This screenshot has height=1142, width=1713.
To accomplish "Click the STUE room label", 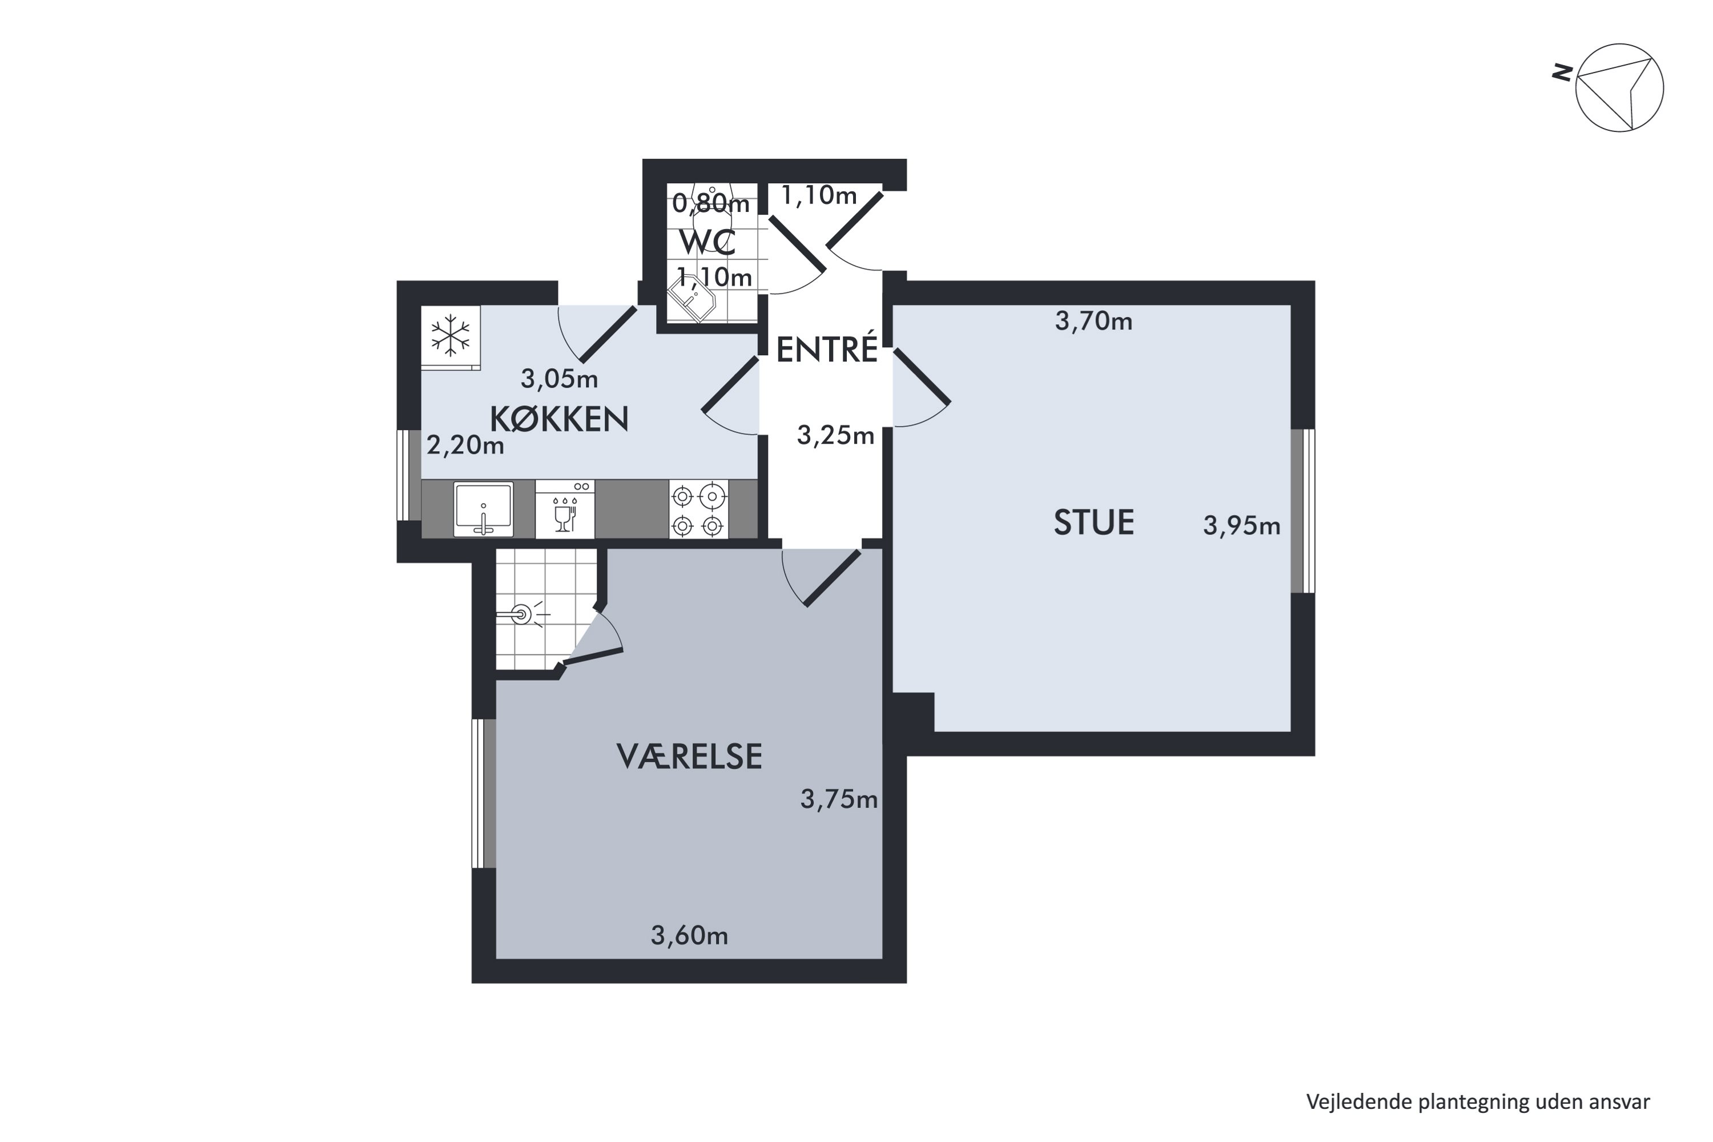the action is (x=1093, y=523).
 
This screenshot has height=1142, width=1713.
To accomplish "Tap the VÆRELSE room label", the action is (x=689, y=757).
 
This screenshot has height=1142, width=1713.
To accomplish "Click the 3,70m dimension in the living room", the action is (x=1093, y=320).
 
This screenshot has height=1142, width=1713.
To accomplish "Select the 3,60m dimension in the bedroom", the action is (x=689, y=935).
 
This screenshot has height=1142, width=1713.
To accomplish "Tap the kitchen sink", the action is (x=483, y=508).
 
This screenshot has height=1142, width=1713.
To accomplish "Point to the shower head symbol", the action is (x=521, y=615).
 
